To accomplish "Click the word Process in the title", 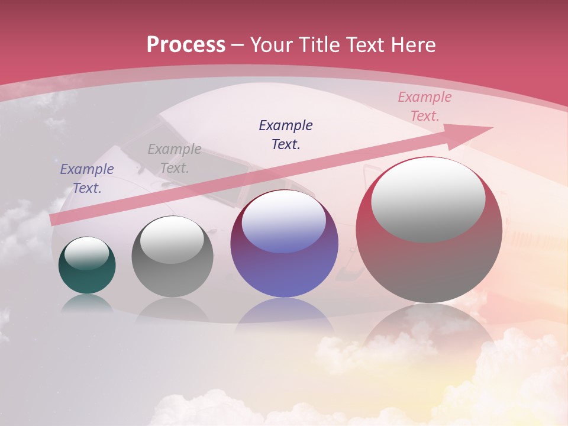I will [186, 45].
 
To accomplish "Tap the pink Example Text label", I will [424, 106].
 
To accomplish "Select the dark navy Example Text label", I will [286, 134].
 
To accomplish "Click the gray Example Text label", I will [174, 159].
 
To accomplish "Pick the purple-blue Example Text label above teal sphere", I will [87, 178].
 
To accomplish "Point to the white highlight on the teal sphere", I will [87, 253].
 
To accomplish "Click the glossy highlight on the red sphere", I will [428, 199].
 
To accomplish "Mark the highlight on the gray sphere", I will [172, 240].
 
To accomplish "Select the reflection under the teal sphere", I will [87, 303].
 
